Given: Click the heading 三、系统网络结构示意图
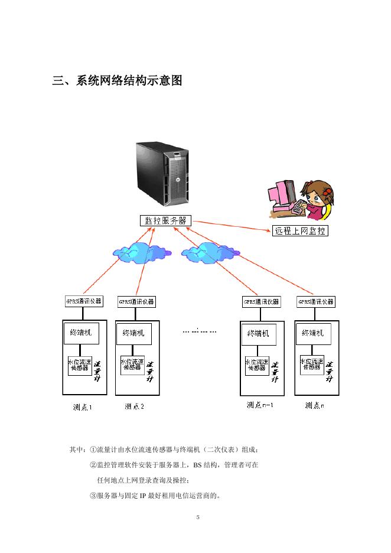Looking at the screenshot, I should pyautogui.click(x=117, y=81).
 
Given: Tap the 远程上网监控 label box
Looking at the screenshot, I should pyautogui.click(x=300, y=231).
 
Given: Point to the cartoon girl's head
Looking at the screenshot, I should pyautogui.click(x=319, y=193).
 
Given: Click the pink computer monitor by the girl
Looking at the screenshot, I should pyautogui.click(x=282, y=195).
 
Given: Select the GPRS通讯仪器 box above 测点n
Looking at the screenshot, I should pyautogui.click(x=316, y=301).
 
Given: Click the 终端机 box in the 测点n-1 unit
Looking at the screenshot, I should pyautogui.click(x=258, y=334).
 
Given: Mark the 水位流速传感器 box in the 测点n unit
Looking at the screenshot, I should pyautogui.click(x=311, y=365).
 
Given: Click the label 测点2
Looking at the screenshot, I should pyautogui.click(x=135, y=406).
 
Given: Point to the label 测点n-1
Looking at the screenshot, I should pyautogui.click(x=260, y=405).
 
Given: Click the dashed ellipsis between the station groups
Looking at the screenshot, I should pyautogui.click(x=200, y=330).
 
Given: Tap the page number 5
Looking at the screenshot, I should pyautogui.click(x=198, y=518).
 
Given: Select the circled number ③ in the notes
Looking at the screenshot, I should pyautogui.click(x=93, y=496).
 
